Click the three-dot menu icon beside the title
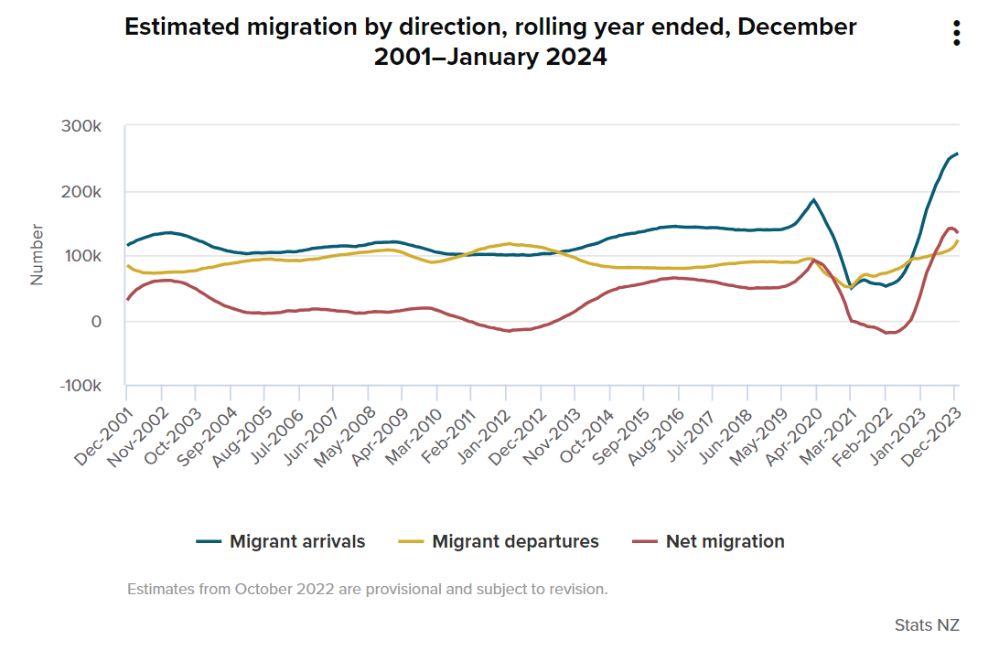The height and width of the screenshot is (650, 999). tap(956, 33)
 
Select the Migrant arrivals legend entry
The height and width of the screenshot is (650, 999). tap(281, 541)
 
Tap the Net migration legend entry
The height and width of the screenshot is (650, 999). tap(708, 541)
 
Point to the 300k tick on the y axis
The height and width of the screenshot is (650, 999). tap(82, 126)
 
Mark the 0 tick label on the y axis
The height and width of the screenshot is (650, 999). tap(95, 322)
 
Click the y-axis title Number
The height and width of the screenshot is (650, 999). tap(38, 255)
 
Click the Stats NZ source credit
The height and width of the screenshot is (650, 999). tap(927, 625)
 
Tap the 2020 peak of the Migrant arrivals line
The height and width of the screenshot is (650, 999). tap(813, 199)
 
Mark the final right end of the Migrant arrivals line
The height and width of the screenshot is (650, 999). tap(957, 154)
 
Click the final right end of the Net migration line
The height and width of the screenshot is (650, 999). tap(957, 232)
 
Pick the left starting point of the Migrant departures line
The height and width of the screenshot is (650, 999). tap(128, 266)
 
